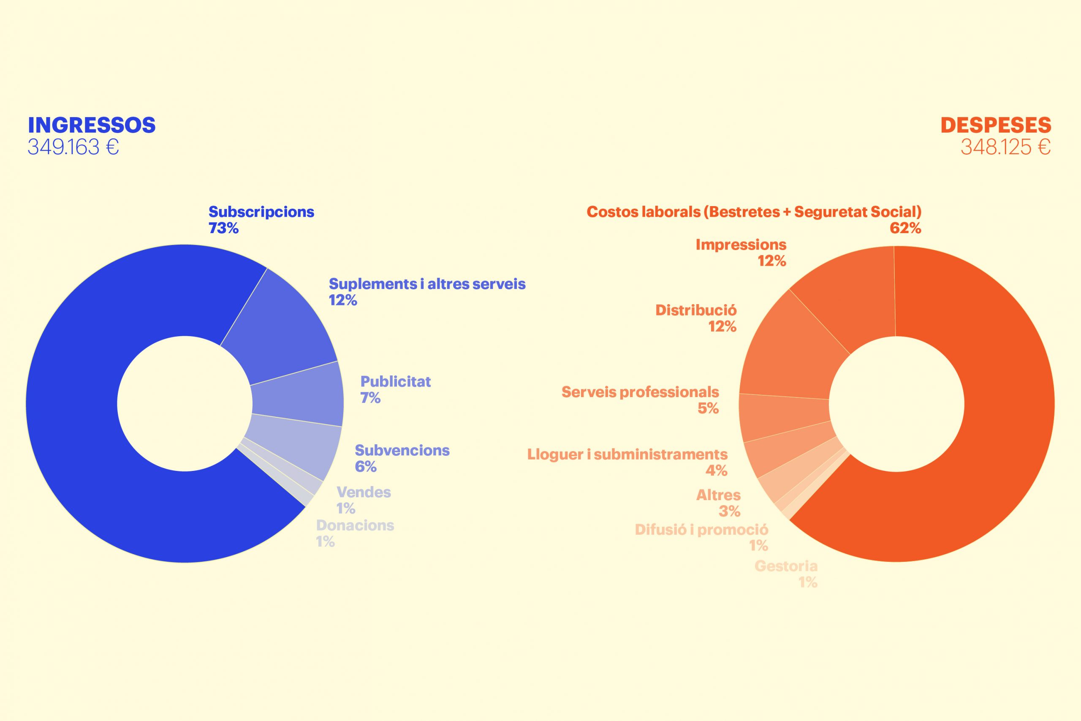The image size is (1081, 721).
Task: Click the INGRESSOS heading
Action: coord(92,125)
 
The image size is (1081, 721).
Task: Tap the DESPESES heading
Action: coord(996,125)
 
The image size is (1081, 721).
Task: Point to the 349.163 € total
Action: coord(73,147)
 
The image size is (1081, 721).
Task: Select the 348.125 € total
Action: coord(1005,147)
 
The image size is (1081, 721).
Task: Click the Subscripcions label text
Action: coord(261,212)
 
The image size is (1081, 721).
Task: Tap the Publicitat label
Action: coord(395,382)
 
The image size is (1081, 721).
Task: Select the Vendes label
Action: coord(364,492)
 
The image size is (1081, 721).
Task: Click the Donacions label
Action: coord(355,525)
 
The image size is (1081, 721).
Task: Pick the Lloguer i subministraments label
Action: coord(627,454)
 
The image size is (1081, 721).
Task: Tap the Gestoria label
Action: coord(786,566)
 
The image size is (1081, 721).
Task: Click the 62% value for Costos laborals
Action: coord(905,228)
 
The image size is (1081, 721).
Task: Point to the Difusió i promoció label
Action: coord(701,530)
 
